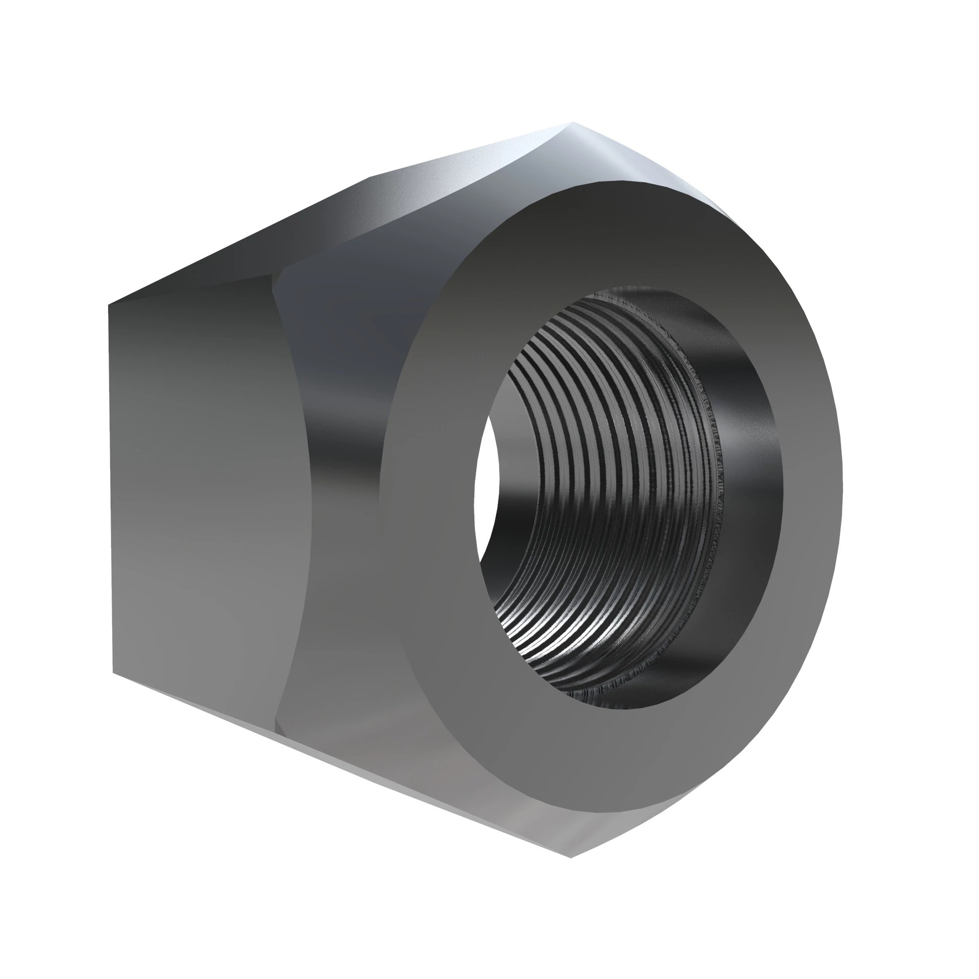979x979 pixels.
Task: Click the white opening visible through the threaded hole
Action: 486,487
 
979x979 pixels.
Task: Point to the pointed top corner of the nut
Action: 573,123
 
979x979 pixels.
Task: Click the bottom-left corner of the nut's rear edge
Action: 113,674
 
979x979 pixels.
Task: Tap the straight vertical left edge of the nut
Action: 110,487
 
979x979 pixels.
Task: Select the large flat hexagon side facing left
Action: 198,487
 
